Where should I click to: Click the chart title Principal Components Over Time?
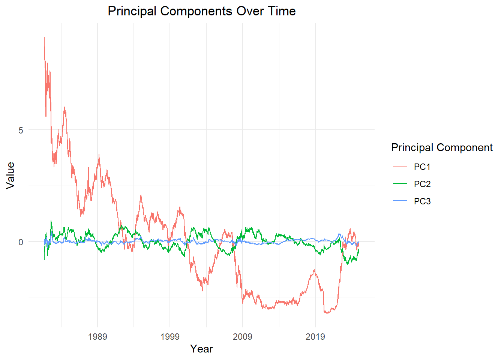click(201, 11)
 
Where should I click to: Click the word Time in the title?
click(282, 11)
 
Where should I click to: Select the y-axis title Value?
click(10, 175)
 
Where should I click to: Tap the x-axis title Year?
click(201, 349)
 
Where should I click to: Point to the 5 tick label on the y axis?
click(21, 130)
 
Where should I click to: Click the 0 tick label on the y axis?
click(21, 242)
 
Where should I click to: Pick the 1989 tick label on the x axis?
click(97, 336)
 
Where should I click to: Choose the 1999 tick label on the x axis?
click(170, 336)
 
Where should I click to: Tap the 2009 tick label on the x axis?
click(243, 336)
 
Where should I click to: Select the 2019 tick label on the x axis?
click(315, 336)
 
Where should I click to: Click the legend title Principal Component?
click(442, 148)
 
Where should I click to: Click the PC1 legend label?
click(422, 167)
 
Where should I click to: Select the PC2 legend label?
click(422, 184)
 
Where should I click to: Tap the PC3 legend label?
click(422, 201)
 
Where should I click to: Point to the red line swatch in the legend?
click(400, 166)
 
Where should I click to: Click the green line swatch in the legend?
click(400, 183)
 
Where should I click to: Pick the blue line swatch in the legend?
click(400, 201)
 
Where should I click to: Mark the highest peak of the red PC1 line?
click(44, 37)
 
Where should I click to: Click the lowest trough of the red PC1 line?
click(327, 313)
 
